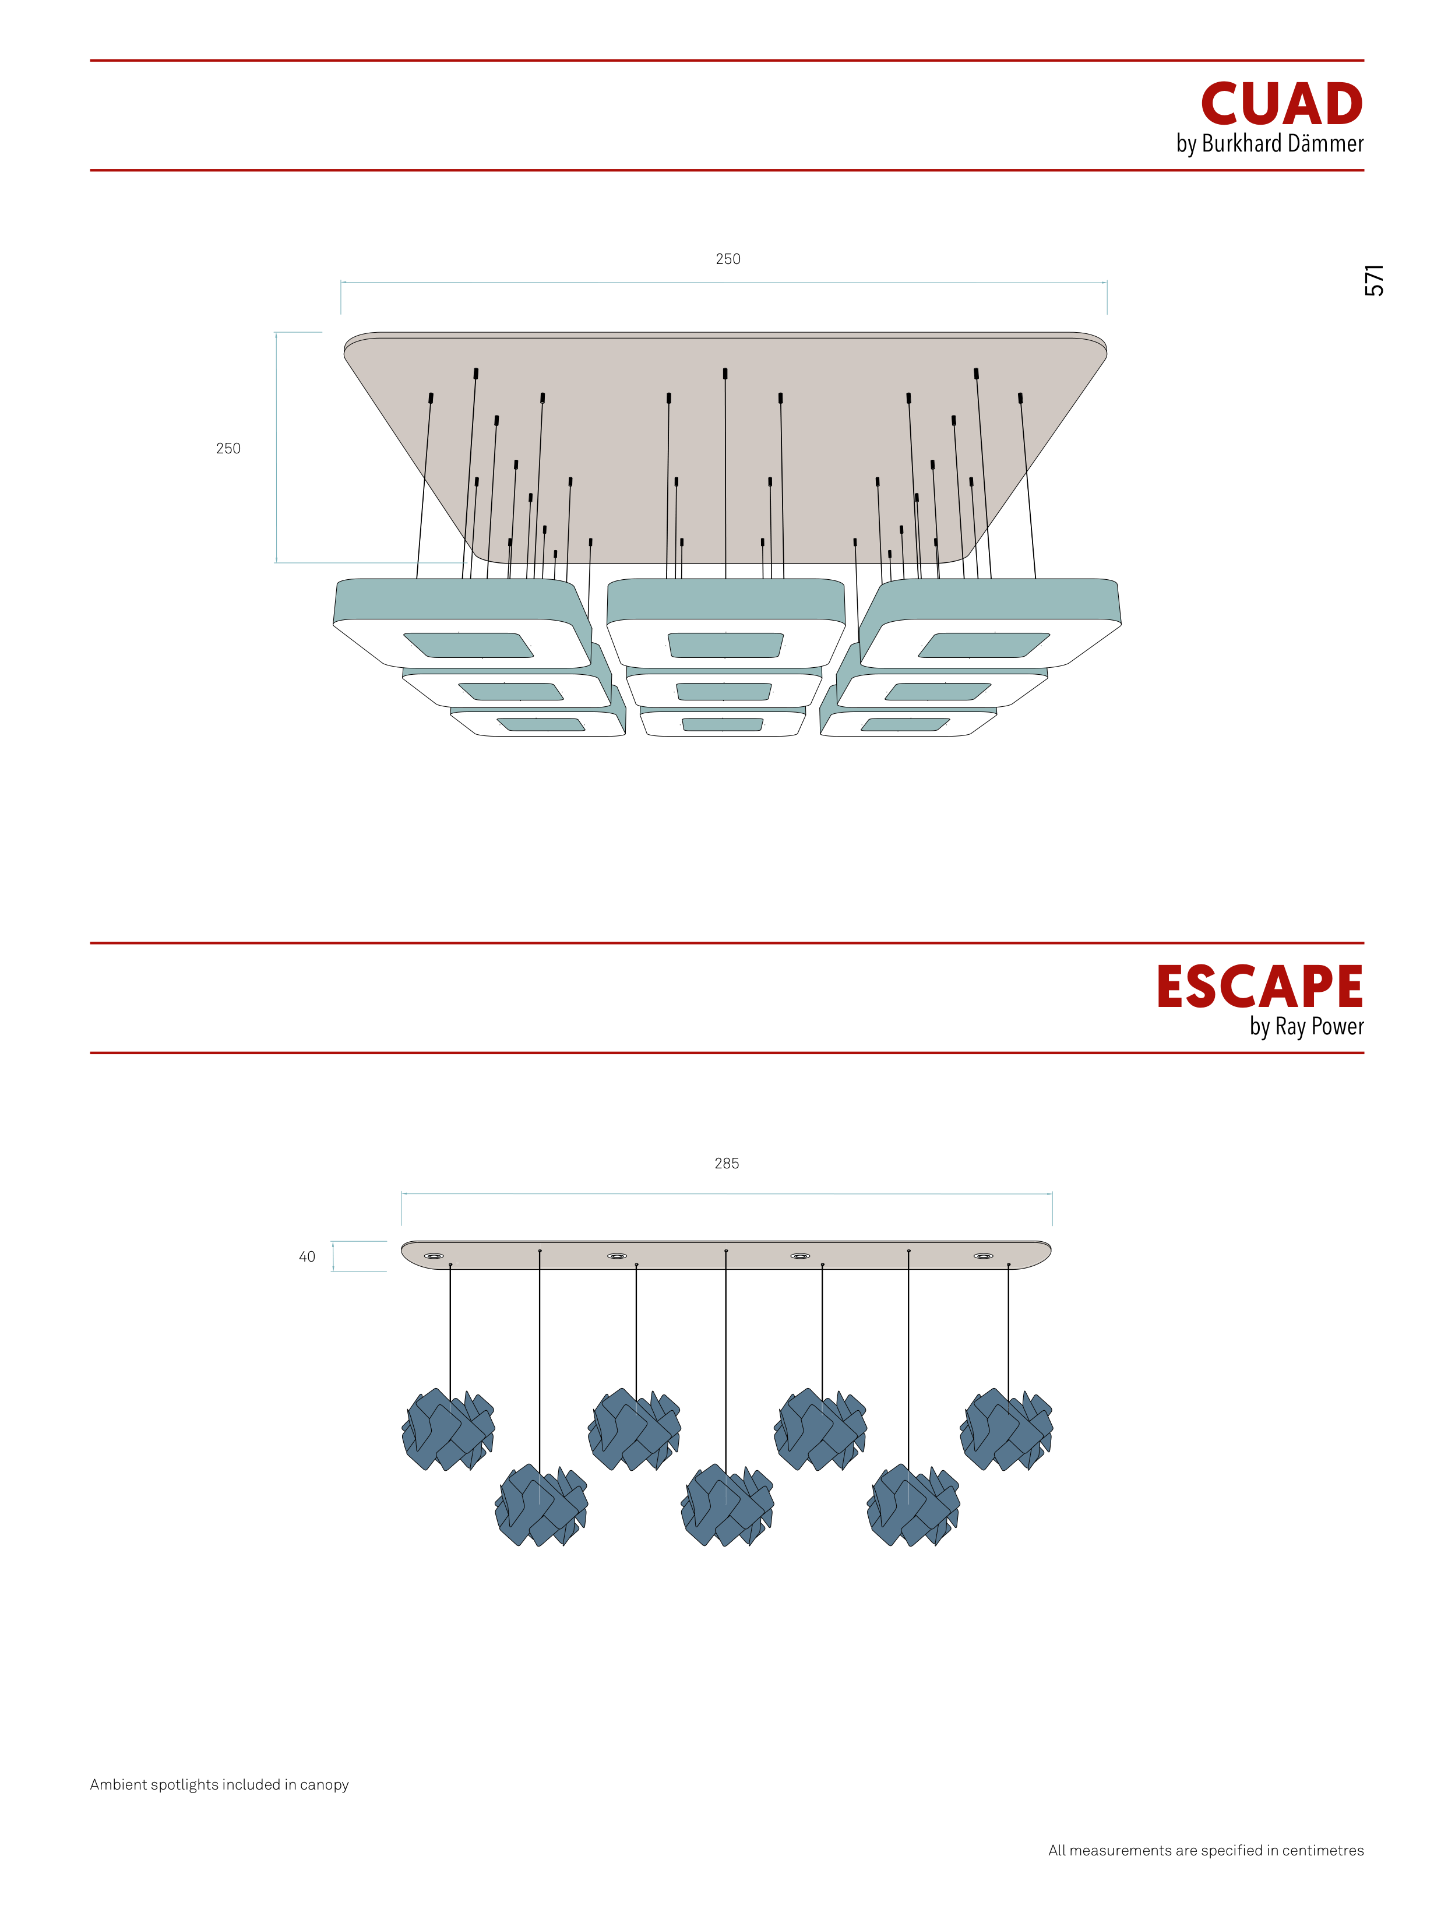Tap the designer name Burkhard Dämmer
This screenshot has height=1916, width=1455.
click(1282, 144)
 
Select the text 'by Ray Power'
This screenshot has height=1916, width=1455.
click(1306, 1026)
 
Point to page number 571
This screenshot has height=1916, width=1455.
click(1375, 281)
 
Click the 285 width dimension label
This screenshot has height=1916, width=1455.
click(727, 1163)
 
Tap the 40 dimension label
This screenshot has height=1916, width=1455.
click(306, 1257)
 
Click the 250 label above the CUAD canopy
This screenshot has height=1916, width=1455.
click(727, 259)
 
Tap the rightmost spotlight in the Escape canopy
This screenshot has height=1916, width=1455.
click(983, 1256)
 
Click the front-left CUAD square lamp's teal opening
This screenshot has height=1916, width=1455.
click(468, 645)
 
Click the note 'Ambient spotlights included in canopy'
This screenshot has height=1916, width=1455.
click(219, 1784)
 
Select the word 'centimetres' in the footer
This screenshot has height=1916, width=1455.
click(1323, 1850)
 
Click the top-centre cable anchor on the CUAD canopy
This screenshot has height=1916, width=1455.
click(725, 374)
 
